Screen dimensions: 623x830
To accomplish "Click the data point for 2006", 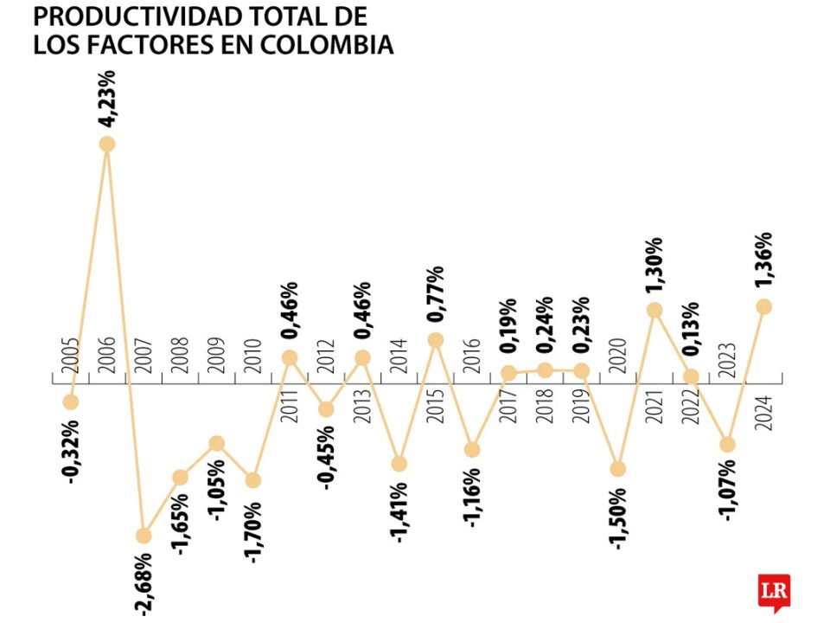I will (x=107, y=144).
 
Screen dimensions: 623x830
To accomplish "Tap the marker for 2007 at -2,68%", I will (x=144, y=536).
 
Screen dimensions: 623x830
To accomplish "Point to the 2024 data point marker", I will (x=763, y=306).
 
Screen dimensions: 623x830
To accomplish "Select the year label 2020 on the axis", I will (x=618, y=353).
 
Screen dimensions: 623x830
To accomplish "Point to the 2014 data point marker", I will (x=399, y=463).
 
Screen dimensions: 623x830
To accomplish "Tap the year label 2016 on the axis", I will (x=472, y=353).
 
